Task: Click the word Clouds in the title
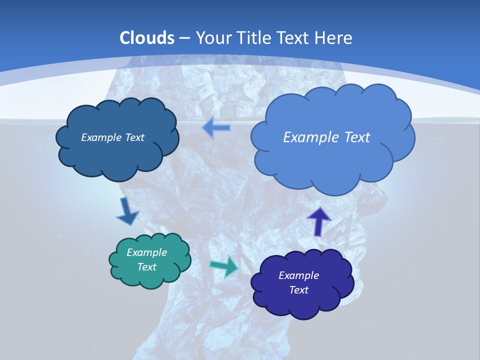click(x=147, y=38)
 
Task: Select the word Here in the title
click(x=335, y=38)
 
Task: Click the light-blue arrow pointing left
click(x=216, y=128)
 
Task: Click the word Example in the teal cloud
click(x=147, y=252)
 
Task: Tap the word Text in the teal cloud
click(x=147, y=267)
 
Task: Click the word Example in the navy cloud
click(x=298, y=275)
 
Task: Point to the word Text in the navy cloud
click(x=298, y=290)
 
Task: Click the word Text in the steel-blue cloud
click(x=134, y=137)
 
